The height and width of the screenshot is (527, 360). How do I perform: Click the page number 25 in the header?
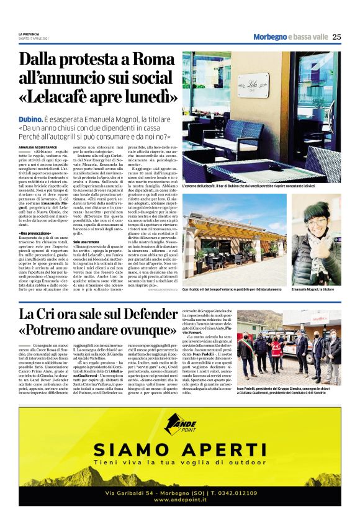336,37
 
